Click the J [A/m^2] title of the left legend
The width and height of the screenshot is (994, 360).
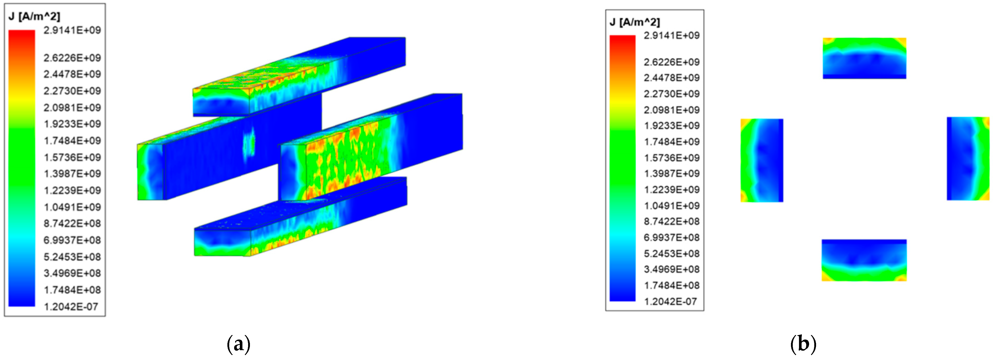click(x=34, y=17)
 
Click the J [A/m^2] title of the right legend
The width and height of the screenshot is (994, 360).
click(x=635, y=22)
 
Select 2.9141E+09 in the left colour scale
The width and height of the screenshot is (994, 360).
click(x=72, y=30)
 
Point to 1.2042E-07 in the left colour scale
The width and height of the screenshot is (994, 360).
click(x=71, y=307)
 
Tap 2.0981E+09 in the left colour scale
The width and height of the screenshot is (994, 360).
click(x=72, y=108)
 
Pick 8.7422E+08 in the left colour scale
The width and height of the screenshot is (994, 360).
click(x=72, y=224)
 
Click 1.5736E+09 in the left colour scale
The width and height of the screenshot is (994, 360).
click(x=72, y=157)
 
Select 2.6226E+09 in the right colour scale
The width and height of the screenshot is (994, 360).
click(x=671, y=62)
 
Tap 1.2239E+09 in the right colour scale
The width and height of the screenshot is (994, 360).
click(x=671, y=190)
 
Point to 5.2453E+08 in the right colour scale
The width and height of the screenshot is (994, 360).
click(x=671, y=254)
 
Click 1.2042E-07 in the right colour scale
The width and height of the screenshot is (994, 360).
click(x=671, y=301)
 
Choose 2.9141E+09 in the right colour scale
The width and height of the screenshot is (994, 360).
click(x=671, y=35)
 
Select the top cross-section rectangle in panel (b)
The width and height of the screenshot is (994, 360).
click(x=864, y=58)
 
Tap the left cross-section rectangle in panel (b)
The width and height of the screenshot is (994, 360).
click(x=762, y=160)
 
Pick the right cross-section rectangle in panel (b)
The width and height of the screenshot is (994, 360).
click(x=968, y=159)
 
